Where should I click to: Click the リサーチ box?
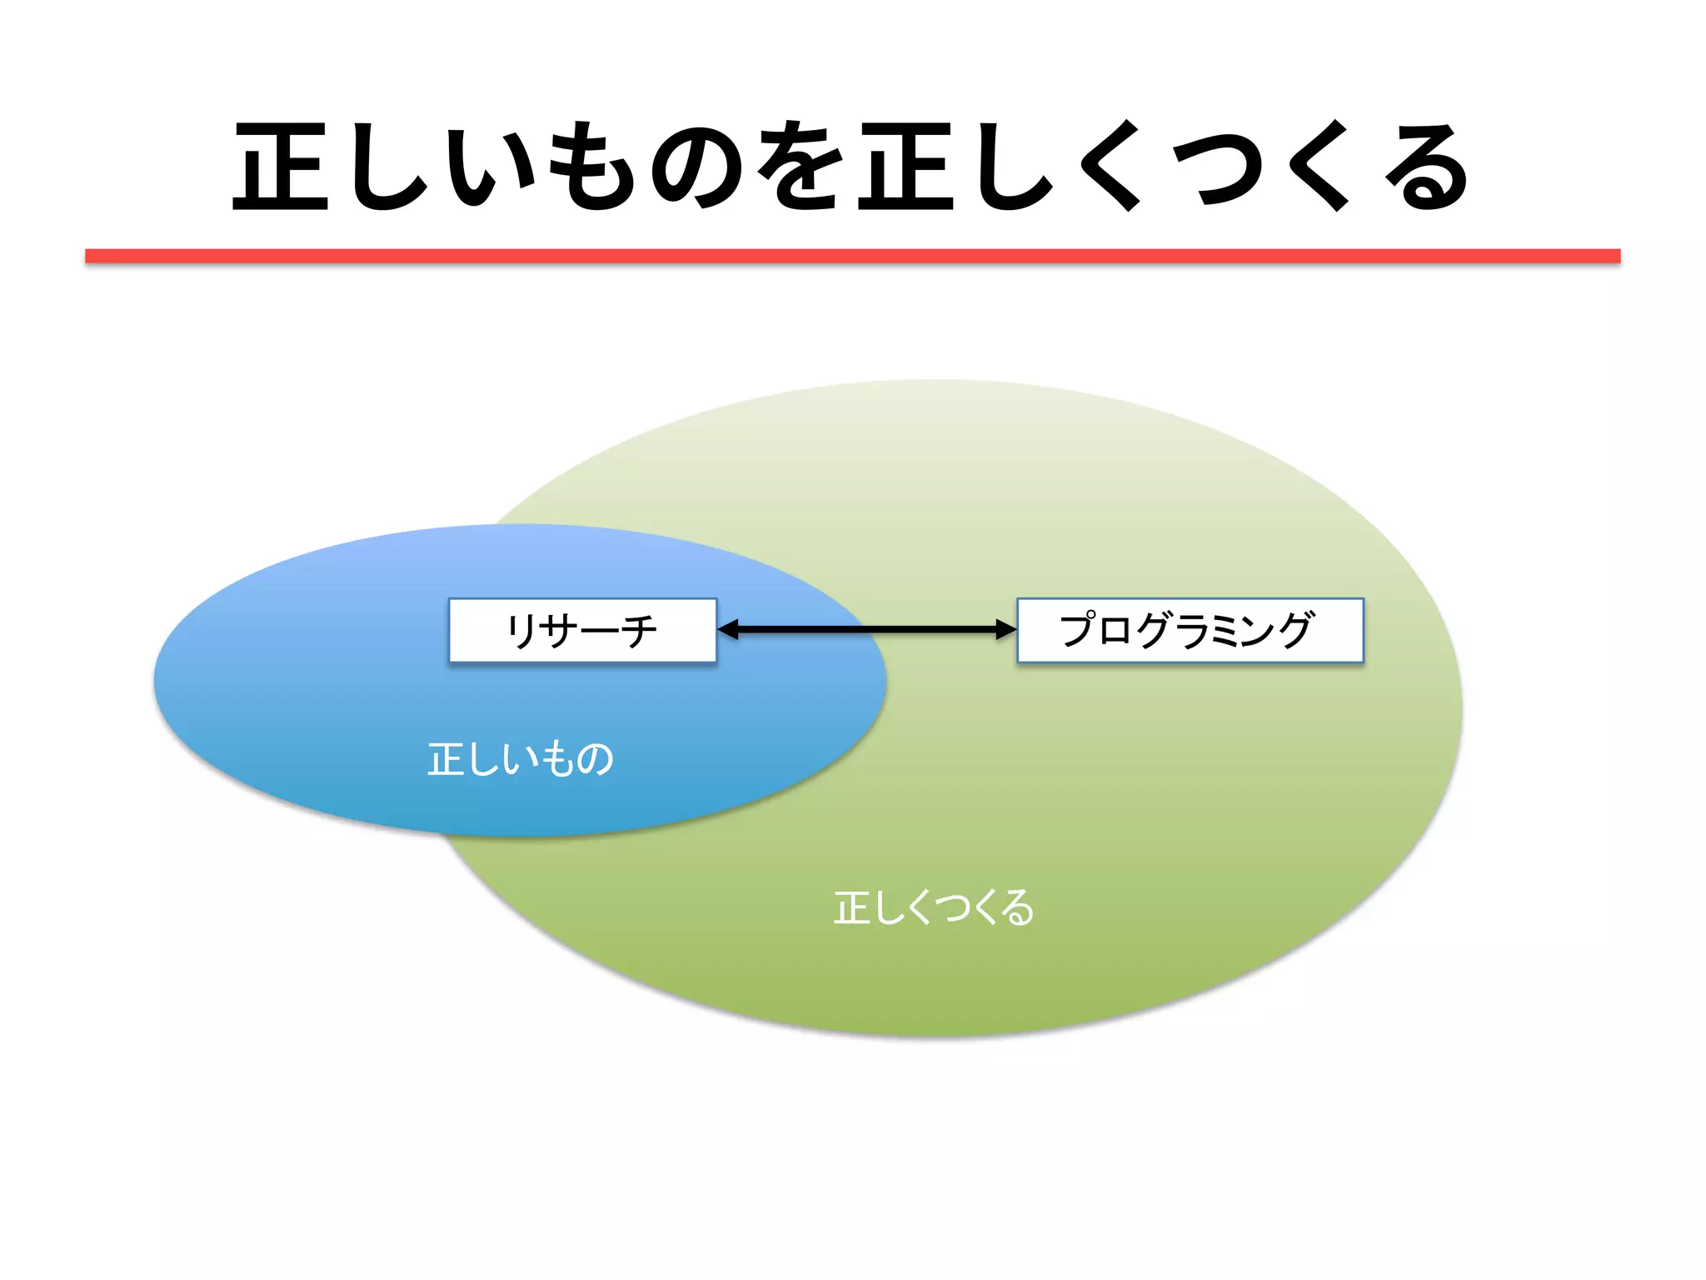tap(582, 631)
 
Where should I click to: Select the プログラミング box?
tap(1190, 631)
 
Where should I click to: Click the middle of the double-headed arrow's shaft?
tap(866, 630)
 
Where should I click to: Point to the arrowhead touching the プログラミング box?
tap(1005, 630)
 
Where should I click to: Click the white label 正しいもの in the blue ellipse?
tap(521, 759)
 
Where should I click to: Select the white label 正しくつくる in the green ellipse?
tap(934, 907)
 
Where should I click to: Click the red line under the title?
tap(852, 256)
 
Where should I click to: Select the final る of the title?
tap(1424, 166)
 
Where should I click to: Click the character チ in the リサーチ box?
tap(638, 631)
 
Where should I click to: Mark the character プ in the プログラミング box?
tap(1080, 629)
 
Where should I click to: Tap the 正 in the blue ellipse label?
tap(446, 759)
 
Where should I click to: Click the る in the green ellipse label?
tap(1017, 907)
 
